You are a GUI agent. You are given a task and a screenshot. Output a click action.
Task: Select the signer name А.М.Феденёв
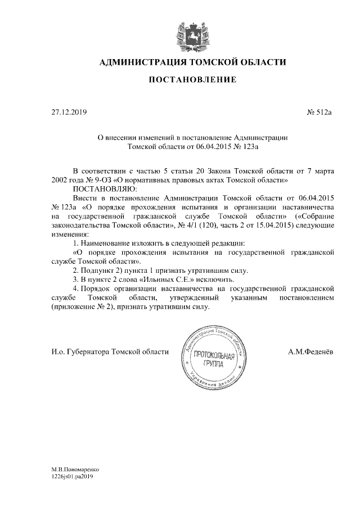[310, 352]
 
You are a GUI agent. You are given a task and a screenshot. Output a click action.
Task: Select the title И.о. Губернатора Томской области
[110, 352]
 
